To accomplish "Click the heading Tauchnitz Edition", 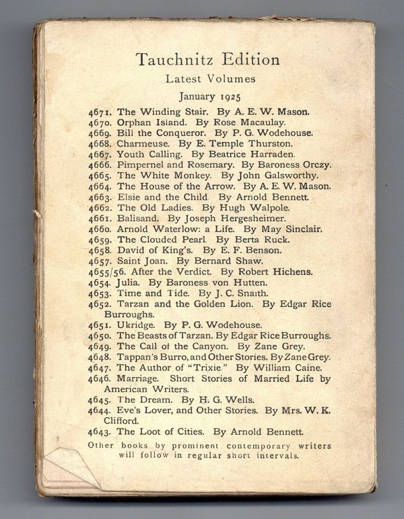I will point(207,59).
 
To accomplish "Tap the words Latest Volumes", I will point(211,79).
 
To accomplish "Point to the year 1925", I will point(228,96).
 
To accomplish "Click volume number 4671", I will point(101,112).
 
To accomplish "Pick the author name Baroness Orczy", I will point(294,164).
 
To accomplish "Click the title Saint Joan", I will point(141,261).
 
